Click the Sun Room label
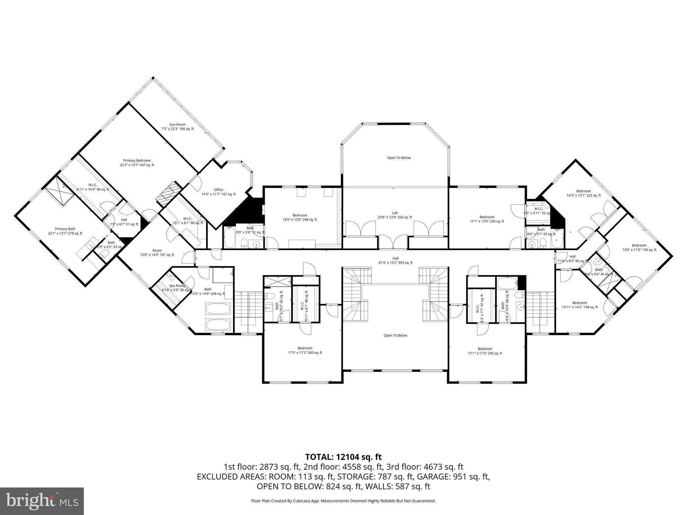pos(177,126)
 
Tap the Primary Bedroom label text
pos(137,163)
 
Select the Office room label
pos(218,192)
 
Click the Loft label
pos(395,215)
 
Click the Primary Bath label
pos(65,231)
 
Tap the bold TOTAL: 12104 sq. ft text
pos(343,457)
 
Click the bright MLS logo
pos(42,501)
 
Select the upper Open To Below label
pos(399,158)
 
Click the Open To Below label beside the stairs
pos(395,335)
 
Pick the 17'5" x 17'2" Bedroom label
pos(305,350)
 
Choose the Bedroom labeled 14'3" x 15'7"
pos(583,193)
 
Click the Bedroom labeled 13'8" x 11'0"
pos(639,247)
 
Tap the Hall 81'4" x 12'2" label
pos(395,261)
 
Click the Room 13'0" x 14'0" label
pos(157,252)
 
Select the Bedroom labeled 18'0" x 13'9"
pos(300,217)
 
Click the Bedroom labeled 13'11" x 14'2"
pos(580,305)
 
